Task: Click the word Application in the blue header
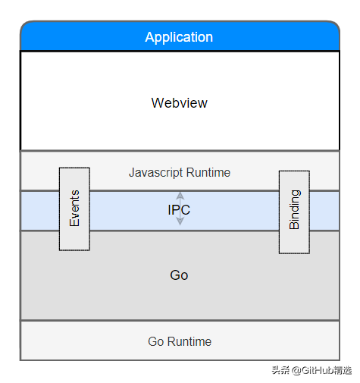coord(179,37)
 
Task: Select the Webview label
coord(179,102)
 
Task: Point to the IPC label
coord(179,210)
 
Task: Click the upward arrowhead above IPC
coord(180,196)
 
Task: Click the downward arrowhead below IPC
coord(180,222)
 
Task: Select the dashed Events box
coord(74,209)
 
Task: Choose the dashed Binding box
coord(294,212)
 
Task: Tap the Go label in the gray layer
coord(179,275)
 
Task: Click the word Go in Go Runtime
coord(155,342)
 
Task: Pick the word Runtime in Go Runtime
coord(189,342)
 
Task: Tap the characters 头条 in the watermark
coord(280,370)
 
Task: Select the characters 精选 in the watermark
coord(343,370)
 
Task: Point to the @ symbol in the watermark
coord(296,370)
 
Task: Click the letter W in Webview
coord(157,102)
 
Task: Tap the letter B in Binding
coord(294,224)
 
